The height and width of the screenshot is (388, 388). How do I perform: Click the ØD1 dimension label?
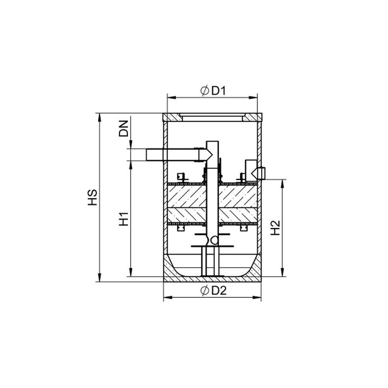point(213,91)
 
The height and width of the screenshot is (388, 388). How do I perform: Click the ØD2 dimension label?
point(213,290)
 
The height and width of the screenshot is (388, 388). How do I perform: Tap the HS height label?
point(92,197)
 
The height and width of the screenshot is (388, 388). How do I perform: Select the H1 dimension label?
point(124,219)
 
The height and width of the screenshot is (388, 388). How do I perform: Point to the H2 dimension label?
point(275,228)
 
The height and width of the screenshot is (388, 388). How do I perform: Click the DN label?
point(124,129)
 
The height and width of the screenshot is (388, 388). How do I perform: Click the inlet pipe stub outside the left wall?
point(155,155)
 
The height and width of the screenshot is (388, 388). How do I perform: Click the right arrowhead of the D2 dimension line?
point(257,297)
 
